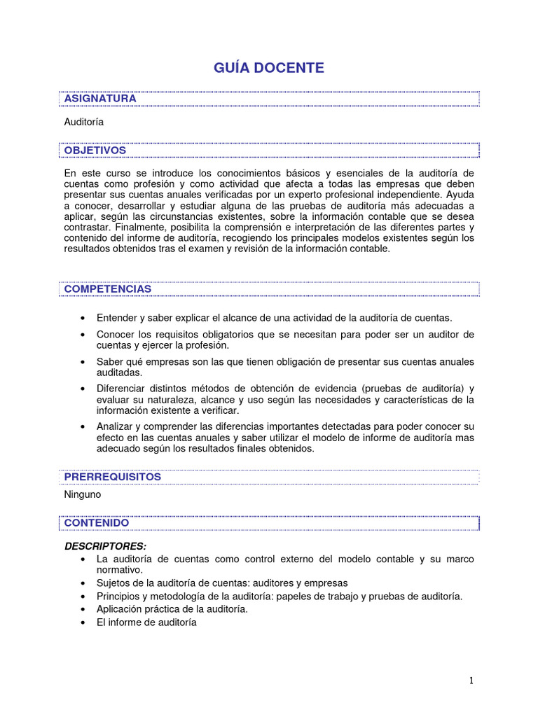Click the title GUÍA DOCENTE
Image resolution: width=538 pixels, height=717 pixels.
pos(269,67)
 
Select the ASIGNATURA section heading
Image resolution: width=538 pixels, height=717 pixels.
pos(99,99)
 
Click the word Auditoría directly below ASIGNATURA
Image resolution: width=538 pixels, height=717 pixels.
pos(83,122)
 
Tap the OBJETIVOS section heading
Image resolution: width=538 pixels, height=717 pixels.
pos(95,151)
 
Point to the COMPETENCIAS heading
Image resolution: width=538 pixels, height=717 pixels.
pos(107,288)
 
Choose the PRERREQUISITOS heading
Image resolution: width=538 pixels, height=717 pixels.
pos(112,477)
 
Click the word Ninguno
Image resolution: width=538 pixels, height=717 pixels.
pos(82,494)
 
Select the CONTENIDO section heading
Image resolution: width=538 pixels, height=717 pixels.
pos(96,523)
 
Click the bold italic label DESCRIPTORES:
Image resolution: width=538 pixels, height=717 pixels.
pos(105,545)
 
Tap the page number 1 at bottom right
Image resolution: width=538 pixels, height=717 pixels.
pos(472,681)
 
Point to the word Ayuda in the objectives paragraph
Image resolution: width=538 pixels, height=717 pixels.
pos(460,195)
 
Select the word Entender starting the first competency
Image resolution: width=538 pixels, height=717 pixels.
pos(116,317)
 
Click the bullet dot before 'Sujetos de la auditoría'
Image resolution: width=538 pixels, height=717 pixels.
pos(84,583)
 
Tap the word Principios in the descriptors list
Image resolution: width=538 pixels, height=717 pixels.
pos(119,596)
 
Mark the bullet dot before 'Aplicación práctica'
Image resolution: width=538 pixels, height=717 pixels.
pos(84,609)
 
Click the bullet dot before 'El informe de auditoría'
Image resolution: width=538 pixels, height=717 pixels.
pos(84,622)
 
